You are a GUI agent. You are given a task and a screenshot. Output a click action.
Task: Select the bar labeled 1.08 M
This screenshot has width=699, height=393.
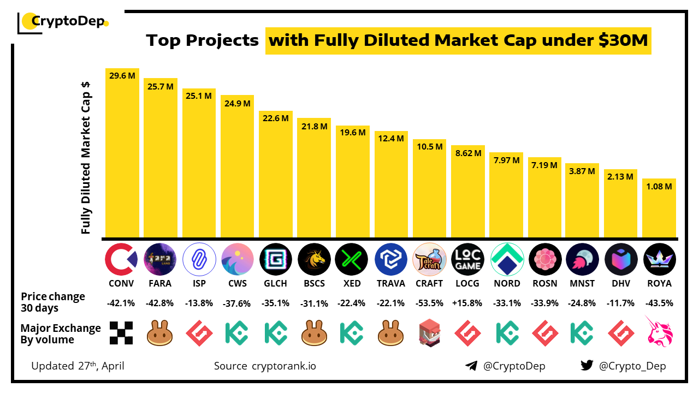659,210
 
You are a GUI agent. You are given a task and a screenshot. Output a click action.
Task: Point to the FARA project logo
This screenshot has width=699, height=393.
160,259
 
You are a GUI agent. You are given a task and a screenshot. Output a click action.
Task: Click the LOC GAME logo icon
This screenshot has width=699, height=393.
468,259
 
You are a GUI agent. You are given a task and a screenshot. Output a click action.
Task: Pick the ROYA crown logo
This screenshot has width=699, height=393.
659,259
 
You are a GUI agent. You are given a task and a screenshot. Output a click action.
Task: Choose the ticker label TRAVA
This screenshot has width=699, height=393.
391,283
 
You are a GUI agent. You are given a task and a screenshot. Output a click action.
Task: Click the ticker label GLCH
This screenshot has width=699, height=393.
275,283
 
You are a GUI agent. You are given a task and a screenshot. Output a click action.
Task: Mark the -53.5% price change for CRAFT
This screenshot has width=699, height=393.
429,303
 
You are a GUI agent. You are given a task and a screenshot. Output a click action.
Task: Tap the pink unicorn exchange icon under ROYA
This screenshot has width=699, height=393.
659,331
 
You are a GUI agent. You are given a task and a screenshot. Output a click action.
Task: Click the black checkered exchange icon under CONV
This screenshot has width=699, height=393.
121,333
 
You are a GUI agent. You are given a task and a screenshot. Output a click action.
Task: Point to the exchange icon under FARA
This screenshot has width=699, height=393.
160,333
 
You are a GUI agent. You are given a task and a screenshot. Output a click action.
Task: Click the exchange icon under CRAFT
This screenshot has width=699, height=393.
429,333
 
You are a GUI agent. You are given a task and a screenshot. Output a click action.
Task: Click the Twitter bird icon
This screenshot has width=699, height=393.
587,366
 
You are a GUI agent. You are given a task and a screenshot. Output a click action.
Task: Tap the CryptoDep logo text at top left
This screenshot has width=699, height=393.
66,22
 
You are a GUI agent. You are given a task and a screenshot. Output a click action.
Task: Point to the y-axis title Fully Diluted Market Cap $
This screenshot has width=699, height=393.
86,158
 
